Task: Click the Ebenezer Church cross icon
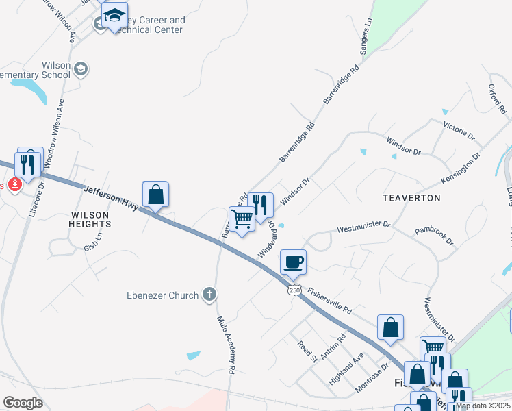(210, 295)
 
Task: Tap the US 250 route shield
(294, 290)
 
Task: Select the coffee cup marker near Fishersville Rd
(293, 262)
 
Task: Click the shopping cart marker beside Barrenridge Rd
(242, 220)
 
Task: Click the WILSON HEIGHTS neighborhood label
(89, 219)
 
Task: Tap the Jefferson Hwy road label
(112, 197)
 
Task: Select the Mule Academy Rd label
(226, 345)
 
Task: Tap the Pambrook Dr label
(434, 234)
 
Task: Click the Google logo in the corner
(23, 403)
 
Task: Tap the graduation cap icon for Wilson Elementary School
(81, 68)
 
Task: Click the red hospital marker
(15, 185)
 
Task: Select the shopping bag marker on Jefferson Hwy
(155, 194)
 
